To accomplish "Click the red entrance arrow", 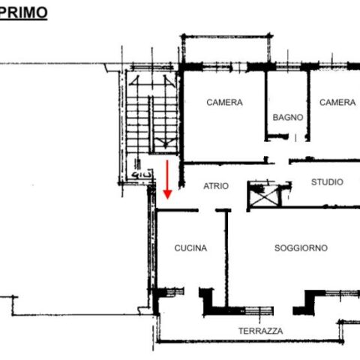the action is tap(167, 179).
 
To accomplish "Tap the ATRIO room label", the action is tap(216, 186).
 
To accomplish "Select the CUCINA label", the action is tap(190, 248).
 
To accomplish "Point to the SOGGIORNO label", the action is tap(301, 248).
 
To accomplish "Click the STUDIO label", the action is tap(327, 182).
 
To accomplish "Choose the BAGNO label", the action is tap(288, 117).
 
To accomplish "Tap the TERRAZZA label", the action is tap(261, 331).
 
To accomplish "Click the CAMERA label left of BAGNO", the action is tap(224, 102).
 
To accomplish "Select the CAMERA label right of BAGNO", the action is tap(337, 102).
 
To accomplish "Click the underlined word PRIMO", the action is tap(23, 13).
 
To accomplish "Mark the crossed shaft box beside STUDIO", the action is tap(265, 195).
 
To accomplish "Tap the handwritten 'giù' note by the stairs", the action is tap(142, 175).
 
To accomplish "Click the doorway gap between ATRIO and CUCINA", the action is tap(207, 210).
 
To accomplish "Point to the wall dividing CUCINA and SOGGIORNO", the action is tap(226, 259).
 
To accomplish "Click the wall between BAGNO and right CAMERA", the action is tap(308, 106).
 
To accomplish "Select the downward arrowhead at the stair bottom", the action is tap(165, 143).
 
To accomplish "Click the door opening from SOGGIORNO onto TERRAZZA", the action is tap(283, 311).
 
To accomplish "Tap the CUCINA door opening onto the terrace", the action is tap(191, 292).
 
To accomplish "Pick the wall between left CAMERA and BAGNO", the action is tap(266, 106).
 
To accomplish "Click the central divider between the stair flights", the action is tap(151, 124).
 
